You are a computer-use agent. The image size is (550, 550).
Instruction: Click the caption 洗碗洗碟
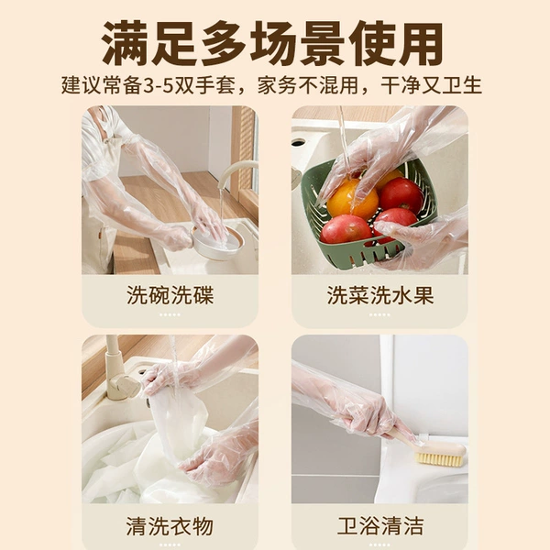[170, 295]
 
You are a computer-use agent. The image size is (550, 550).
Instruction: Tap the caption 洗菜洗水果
[380, 295]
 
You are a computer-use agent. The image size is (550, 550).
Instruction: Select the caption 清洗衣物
[170, 526]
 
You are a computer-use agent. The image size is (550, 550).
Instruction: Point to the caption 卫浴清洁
[380, 526]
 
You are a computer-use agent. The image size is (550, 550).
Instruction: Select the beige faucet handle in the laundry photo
[126, 386]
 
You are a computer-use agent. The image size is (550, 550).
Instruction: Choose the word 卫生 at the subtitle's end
[462, 85]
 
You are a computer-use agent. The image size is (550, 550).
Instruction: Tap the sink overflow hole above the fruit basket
[299, 143]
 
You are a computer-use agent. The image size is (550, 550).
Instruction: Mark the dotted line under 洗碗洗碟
[170, 314]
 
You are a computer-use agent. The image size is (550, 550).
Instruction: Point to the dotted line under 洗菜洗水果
[379, 314]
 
